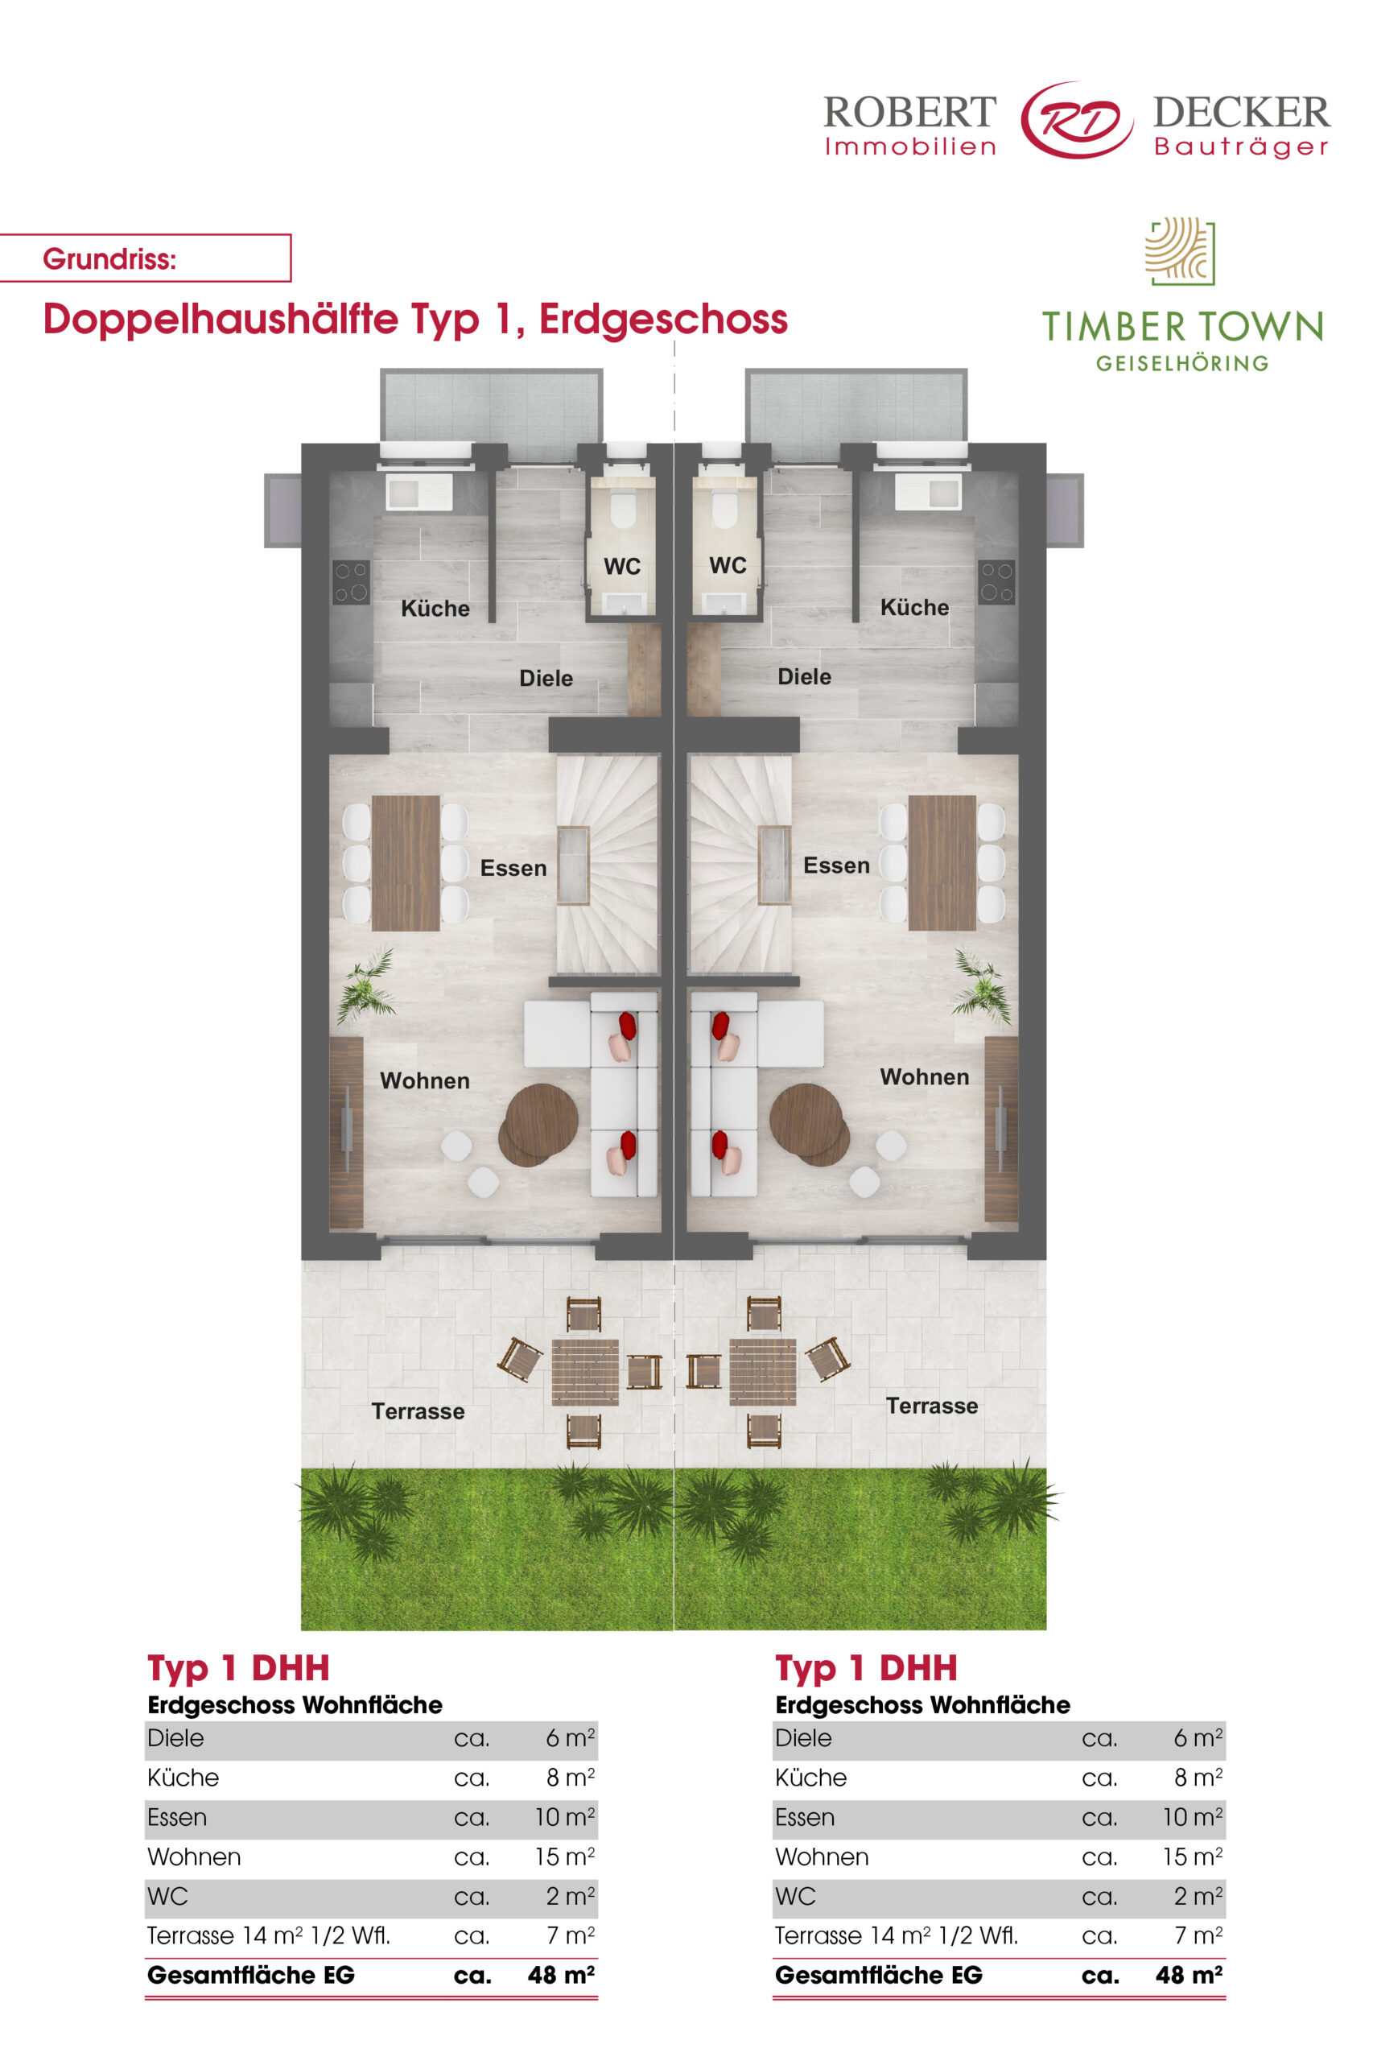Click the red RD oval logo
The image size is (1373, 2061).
(1076, 120)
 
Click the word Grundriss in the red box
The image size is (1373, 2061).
(109, 259)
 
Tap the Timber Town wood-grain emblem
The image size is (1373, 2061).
(1181, 251)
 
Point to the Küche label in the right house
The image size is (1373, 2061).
(914, 608)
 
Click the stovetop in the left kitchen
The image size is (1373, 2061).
(350, 583)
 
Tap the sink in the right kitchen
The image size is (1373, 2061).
(928, 492)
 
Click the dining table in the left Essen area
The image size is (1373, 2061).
(406, 863)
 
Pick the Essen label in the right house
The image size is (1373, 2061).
(836, 865)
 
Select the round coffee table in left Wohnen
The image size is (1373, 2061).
(538, 1125)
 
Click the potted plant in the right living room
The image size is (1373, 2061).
(982, 987)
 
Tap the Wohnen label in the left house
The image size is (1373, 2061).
(425, 1081)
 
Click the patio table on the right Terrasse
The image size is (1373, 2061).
(763, 1372)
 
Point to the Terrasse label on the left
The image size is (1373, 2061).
(418, 1411)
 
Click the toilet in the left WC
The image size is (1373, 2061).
(623, 509)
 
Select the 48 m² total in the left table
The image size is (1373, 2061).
(561, 1975)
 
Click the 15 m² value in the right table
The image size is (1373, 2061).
(1192, 1857)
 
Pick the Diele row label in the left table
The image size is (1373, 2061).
(175, 1738)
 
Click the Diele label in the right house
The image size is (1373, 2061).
(805, 676)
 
